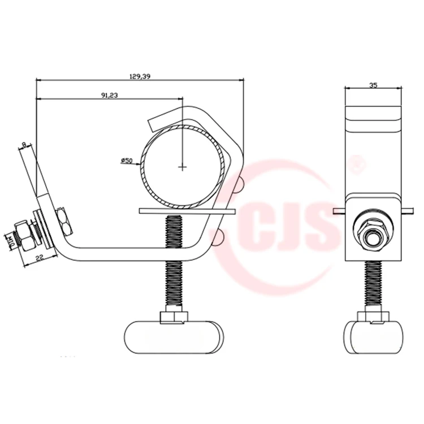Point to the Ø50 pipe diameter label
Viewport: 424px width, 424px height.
[x=126, y=161]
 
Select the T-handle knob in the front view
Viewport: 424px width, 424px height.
[x=374, y=338]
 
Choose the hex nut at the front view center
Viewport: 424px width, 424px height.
[x=374, y=233]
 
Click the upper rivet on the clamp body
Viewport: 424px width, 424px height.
[x=240, y=184]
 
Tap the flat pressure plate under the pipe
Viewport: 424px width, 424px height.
[x=186, y=211]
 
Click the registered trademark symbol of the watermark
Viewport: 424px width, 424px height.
[x=357, y=166]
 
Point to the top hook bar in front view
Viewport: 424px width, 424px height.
[x=374, y=120]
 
